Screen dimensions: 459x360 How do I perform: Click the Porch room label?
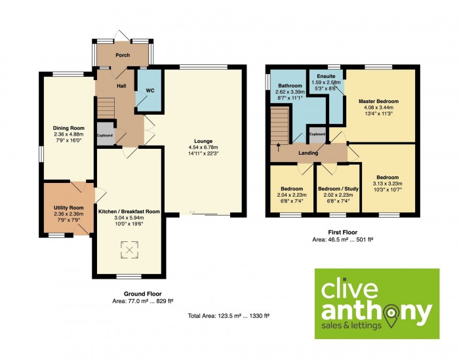click(x=123, y=55)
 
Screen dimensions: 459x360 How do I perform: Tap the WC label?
click(x=150, y=90)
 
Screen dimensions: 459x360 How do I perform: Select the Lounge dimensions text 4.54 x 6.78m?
click(x=203, y=148)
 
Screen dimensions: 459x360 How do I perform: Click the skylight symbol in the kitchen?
click(x=129, y=250)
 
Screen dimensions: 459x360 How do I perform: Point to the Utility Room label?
click(x=68, y=208)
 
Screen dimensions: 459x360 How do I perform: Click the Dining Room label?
click(x=68, y=128)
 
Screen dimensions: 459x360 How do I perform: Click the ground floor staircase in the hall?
click(x=106, y=108)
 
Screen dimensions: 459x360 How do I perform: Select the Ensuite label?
click(x=326, y=76)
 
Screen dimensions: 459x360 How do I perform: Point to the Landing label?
click(x=308, y=153)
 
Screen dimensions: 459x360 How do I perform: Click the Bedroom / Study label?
click(x=338, y=189)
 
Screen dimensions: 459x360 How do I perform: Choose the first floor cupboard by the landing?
click(x=317, y=134)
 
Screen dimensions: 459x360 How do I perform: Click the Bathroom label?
click(x=290, y=86)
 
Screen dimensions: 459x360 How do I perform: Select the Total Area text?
click(x=229, y=316)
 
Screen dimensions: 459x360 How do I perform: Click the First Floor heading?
click(x=343, y=232)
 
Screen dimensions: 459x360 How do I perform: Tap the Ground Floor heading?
click(x=142, y=294)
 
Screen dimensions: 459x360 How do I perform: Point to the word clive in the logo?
click(x=349, y=289)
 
